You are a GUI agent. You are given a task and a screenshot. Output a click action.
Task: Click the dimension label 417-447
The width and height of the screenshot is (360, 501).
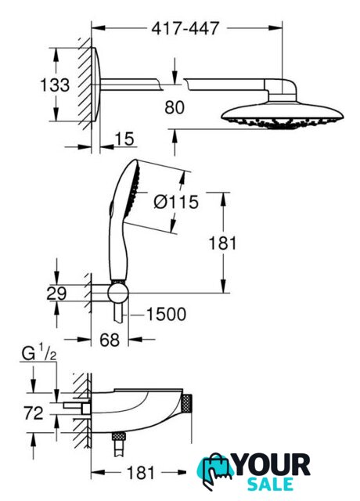click(x=185, y=28)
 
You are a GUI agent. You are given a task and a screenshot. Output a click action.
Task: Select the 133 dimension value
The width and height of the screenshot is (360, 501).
click(x=55, y=85)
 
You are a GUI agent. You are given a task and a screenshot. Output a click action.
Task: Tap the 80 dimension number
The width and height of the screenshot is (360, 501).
click(x=175, y=107)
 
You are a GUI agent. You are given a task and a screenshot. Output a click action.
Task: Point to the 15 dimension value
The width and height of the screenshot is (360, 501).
click(x=124, y=139)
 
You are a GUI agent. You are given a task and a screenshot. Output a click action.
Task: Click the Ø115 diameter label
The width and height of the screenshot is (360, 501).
click(x=176, y=202)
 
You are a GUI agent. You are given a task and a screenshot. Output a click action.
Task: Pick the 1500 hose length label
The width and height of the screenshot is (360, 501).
click(x=166, y=314)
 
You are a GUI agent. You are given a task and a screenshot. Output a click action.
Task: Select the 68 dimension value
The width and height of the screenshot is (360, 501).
click(x=110, y=339)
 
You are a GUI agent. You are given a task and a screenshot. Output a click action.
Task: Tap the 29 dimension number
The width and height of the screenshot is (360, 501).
click(x=56, y=294)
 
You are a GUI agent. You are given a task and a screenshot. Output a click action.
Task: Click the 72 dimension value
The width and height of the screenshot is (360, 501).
click(x=33, y=413)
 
